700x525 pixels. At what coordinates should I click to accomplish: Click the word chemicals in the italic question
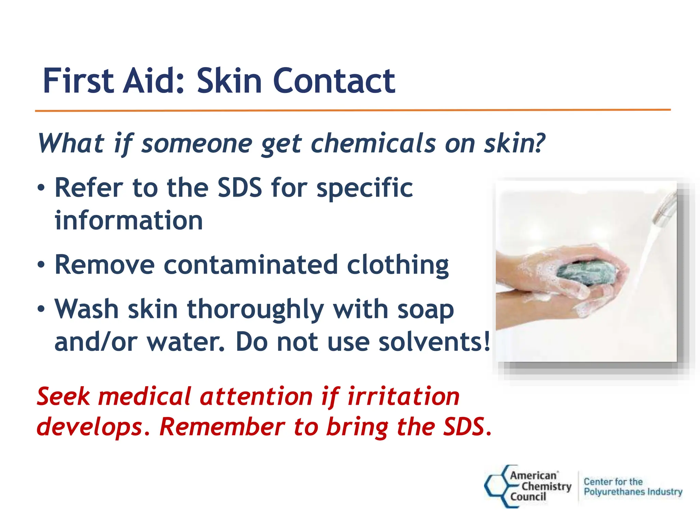[x=373, y=143]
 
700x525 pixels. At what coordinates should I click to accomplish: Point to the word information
[x=129, y=220]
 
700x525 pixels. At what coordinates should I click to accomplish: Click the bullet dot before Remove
[x=41, y=265]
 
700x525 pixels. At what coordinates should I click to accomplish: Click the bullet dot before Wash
[x=41, y=309]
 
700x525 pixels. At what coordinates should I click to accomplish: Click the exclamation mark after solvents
[x=487, y=342]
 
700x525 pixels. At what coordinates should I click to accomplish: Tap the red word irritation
[x=403, y=396]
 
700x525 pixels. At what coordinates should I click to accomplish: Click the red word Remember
[x=222, y=427]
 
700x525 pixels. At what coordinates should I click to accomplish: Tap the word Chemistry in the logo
[x=546, y=486]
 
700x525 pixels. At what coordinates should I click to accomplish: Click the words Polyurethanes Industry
[x=633, y=492]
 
